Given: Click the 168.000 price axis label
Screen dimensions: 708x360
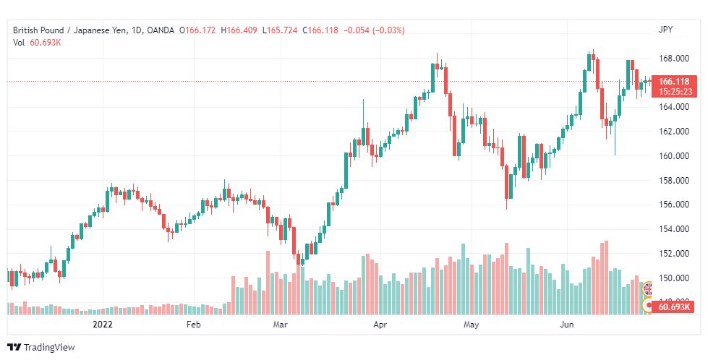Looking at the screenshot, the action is coord(674,59).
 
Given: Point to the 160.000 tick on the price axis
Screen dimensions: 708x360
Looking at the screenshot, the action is coord(674,156).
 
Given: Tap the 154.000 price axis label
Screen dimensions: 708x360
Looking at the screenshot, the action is coord(674,229).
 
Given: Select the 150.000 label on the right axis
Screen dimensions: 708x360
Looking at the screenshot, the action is coord(674,278).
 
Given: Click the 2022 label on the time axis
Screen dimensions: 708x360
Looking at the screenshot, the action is coord(103,325).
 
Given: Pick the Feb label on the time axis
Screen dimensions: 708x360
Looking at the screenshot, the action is coord(193,325).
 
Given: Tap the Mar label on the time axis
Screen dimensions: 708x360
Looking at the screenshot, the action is coord(281,325).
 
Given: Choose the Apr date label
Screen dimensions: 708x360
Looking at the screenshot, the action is coord(380,325).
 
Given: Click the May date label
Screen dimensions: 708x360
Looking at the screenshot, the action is coord(471,325).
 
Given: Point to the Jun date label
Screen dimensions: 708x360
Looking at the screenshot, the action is coord(567,325).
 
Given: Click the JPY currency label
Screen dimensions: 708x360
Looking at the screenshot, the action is coord(665,30).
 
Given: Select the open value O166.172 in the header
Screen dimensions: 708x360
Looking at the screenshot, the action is coord(197,30).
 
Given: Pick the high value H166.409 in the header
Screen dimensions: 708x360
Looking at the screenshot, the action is coord(239,30).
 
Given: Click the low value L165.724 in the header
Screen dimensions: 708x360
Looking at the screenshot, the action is coord(279,30).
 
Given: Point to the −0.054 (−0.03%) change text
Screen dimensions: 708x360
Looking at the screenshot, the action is coord(374,30).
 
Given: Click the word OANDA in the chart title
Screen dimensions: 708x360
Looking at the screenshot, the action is coord(161,30).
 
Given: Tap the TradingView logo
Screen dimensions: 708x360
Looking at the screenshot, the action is coord(41,348).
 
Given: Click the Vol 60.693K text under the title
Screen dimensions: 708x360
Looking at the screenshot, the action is coord(37,43).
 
